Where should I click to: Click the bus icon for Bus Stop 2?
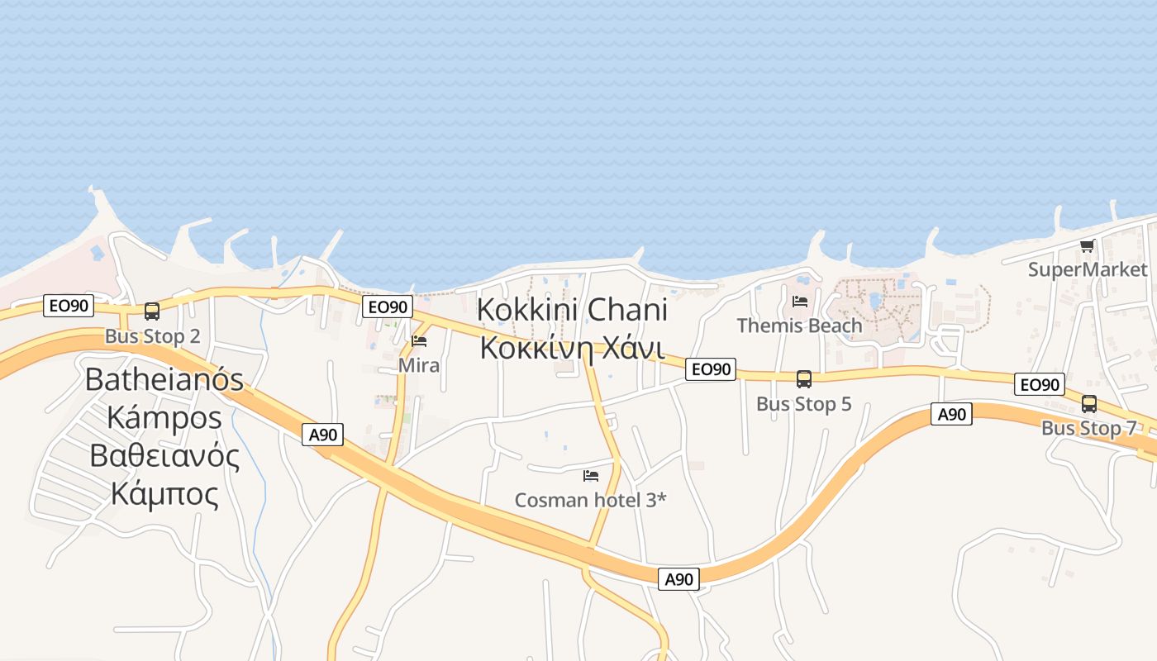point(152,311)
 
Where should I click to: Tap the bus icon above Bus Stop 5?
point(803,379)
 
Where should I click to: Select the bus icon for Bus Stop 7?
point(1089,404)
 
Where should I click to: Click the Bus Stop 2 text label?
point(152,336)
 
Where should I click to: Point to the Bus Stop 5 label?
point(803,404)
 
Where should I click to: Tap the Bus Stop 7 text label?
point(1088,428)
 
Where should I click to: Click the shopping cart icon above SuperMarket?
point(1088,245)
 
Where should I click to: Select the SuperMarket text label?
point(1088,269)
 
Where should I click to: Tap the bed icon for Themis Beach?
point(799,302)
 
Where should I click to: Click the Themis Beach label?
point(799,326)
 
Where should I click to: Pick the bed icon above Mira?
point(419,341)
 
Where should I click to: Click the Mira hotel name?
point(419,364)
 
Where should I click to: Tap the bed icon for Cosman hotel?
point(590,475)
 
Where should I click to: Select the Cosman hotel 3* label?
point(590,500)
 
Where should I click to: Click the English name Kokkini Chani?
point(572,311)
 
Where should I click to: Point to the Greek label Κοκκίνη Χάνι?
point(572,348)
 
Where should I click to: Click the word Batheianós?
point(164,379)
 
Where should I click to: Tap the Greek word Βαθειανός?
point(164,456)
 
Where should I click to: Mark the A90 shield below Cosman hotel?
point(679,579)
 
